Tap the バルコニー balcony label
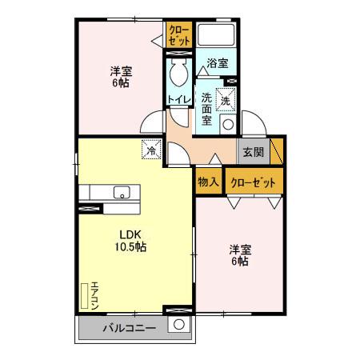pos(128,328)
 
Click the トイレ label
pos(178,99)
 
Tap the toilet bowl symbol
pos(178,77)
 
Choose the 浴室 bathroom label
pos(217,62)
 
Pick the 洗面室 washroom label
pos(206,109)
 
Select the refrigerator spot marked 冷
pos(150,149)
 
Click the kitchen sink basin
pos(122,192)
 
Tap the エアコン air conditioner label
pos(94,295)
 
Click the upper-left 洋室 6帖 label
pos(121,77)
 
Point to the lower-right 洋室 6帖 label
pos(239,254)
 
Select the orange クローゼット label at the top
pos(178,34)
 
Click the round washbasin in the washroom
pos(228,124)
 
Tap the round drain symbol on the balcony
pos(180,326)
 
